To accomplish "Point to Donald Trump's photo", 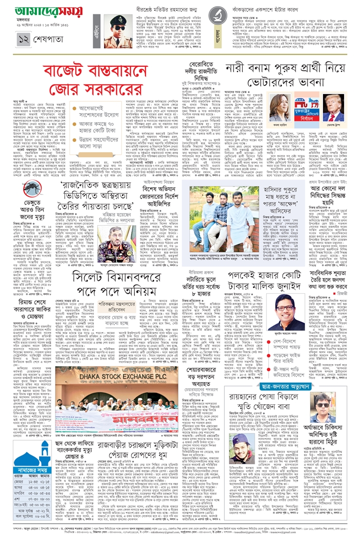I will coord(333,109).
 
